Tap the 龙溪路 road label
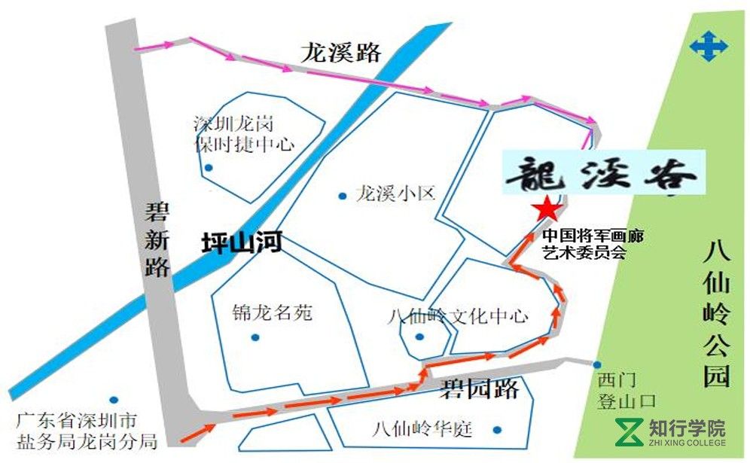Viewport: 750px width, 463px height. click(341, 53)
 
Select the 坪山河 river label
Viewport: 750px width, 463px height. click(242, 242)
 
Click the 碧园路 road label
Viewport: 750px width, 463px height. click(480, 388)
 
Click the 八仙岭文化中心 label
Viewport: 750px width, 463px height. click(458, 316)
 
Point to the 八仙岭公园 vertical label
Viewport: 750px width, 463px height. click(716, 313)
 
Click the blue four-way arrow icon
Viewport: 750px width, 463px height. click(709, 47)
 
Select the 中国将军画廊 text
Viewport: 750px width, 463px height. click(594, 236)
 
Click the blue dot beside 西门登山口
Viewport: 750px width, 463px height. click(597, 365)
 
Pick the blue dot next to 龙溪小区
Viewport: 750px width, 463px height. click(343, 194)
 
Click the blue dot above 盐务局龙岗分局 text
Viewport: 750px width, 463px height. click(113, 400)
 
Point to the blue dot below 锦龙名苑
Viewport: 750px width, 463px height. click(255, 337)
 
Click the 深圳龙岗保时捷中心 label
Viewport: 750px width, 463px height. click(244, 133)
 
